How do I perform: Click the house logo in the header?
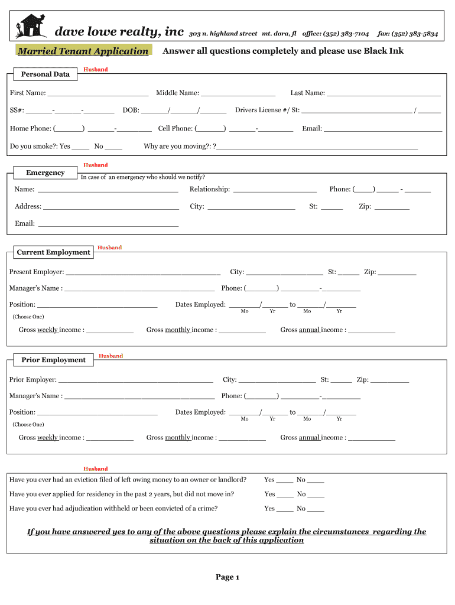31,27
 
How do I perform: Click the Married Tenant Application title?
83,51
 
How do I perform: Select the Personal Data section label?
45,74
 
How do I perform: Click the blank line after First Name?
97,94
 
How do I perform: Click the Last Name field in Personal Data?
383,94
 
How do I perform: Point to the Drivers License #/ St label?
267,110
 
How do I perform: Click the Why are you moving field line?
317,147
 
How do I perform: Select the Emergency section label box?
45,173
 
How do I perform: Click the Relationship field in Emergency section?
275,190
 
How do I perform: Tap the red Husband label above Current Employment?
109,248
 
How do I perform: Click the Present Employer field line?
143,273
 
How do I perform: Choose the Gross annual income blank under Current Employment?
372,331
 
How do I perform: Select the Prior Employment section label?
53,360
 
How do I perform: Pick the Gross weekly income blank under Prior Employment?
110,438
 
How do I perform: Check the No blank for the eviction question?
316,481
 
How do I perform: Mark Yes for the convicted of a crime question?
285,509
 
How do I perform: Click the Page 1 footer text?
227,577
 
